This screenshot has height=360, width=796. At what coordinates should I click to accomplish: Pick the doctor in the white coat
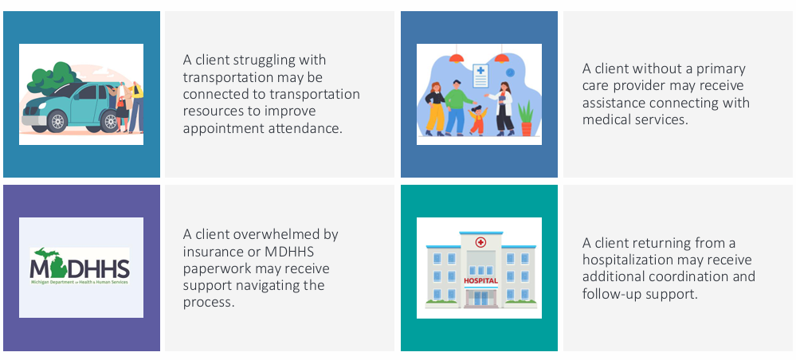pos(503,108)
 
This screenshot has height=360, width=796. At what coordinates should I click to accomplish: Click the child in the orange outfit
pos(476,120)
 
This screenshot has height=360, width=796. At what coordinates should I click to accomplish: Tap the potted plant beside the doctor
pos(526,119)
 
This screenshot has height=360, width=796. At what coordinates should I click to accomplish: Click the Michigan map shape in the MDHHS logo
pos(45,259)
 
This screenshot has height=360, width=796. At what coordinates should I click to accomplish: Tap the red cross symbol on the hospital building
pos(480,242)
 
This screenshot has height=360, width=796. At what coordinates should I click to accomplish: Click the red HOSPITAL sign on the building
pos(480,280)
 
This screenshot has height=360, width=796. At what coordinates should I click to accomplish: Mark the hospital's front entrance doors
pos(480,298)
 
